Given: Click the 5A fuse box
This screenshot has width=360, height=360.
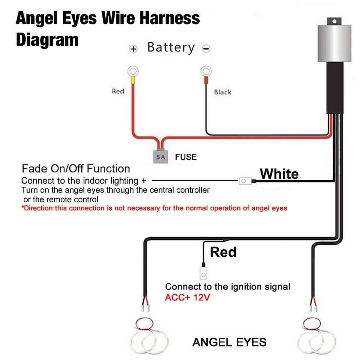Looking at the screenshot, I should (x=160, y=157).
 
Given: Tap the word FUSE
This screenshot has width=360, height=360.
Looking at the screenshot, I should (x=186, y=157).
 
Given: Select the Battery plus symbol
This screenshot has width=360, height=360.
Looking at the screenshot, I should (x=133, y=49).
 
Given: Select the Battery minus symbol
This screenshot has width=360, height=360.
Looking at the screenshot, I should (x=206, y=49).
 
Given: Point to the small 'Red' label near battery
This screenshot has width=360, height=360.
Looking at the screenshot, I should (x=118, y=91).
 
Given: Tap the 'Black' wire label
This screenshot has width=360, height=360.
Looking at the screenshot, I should (x=223, y=92).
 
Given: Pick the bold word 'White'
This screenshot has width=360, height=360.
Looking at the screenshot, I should (x=279, y=174).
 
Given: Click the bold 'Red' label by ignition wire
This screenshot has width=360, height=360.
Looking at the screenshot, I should (x=223, y=252).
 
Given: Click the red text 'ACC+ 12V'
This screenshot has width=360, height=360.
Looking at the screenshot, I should (x=187, y=298).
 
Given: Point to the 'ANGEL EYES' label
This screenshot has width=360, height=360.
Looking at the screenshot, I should (x=229, y=342).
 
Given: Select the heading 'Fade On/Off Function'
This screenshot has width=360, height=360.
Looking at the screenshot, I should (x=76, y=169).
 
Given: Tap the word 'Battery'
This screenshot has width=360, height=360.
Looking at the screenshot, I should (x=171, y=48).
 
